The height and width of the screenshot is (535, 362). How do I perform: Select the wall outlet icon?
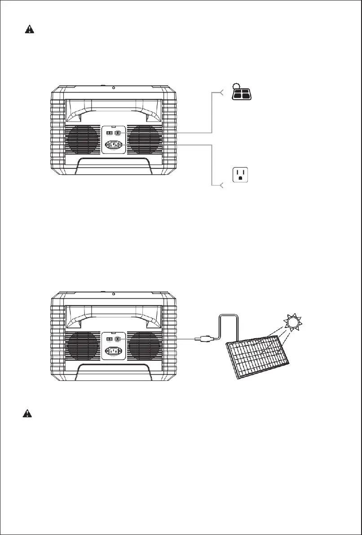click(x=240, y=175)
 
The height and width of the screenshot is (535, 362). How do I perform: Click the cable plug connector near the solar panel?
click(x=202, y=339)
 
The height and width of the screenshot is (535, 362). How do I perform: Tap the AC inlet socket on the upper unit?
click(x=114, y=145)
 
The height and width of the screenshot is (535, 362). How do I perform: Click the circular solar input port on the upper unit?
click(x=118, y=133)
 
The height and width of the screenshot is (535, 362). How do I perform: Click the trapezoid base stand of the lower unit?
click(x=114, y=372)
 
